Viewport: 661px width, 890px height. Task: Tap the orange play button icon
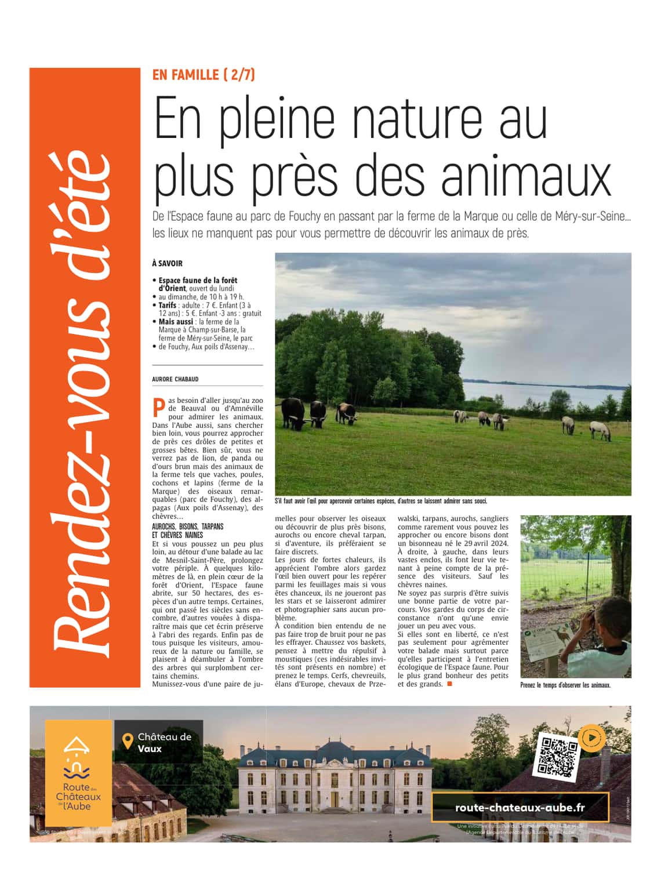pyautogui.click(x=591, y=738)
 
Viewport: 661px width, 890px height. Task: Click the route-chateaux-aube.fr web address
pyautogui.click(x=520, y=808)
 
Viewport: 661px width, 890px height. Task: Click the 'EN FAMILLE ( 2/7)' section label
pyautogui.click(x=204, y=75)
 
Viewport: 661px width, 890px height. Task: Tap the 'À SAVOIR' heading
pyautogui.click(x=167, y=263)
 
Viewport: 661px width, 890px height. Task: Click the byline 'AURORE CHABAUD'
pyautogui.click(x=175, y=379)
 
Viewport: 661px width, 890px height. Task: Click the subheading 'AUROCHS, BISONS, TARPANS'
pyautogui.click(x=187, y=526)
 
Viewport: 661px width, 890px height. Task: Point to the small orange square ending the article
pyautogui.click(x=449, y=684)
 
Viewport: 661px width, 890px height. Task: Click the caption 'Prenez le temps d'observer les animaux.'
pyautogui.click(x=565, y=685)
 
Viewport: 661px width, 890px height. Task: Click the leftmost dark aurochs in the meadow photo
pyautogui.click(x=293, y=412)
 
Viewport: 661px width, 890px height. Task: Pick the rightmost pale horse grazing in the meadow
pyautogui.click(x=601, y=430)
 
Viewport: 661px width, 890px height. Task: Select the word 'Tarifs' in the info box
pyautogui.click(x=168, y=305)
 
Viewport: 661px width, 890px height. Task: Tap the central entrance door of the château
pyautogui.click(x=335, y=798)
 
